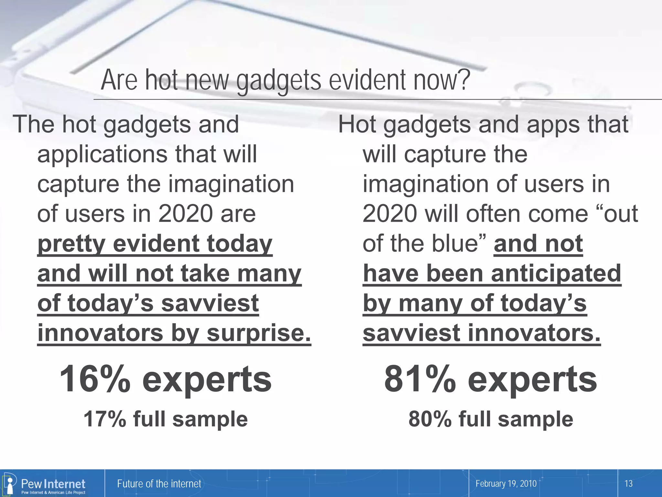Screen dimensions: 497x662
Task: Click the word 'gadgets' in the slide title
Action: point(279,81)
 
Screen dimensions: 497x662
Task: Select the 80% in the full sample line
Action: point(430,419)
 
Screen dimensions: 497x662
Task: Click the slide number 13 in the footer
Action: point(628,484)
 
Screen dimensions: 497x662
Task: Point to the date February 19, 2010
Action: point(506,484)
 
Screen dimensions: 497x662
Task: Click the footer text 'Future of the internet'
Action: point(159,484)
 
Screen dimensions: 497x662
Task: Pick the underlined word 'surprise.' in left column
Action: point(259,333)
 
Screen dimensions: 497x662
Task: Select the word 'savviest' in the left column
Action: point(210,303)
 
